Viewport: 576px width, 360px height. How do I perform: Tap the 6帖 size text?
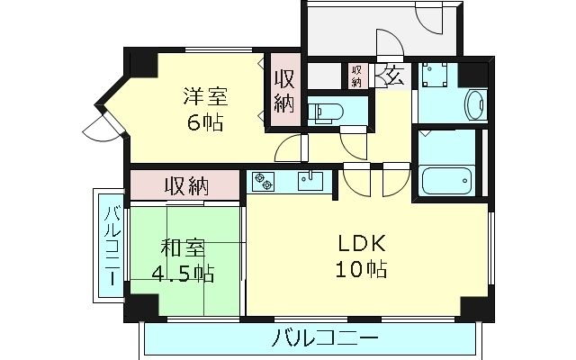[206, 122]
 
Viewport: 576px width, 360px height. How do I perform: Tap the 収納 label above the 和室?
[186, 187]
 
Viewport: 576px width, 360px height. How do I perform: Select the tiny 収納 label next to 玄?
[356, 76]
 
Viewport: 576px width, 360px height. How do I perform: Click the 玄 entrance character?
[394, 74]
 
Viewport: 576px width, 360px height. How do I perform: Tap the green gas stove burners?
[264, 181]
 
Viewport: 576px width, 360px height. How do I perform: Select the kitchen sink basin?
[310, 180]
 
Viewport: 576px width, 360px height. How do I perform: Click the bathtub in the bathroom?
[447, 181]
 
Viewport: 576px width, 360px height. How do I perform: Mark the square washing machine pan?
[438, 77]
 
